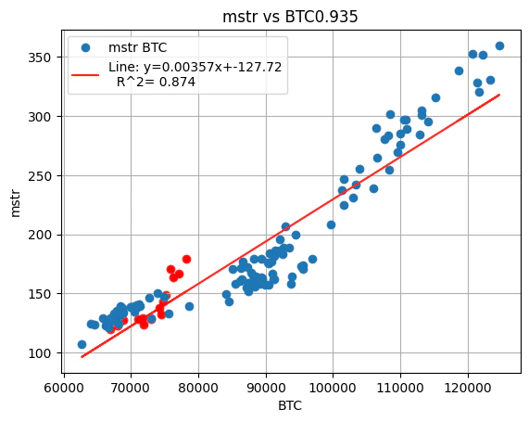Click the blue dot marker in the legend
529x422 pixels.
tap(85, 48)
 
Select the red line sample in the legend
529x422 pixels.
tap(85, 68)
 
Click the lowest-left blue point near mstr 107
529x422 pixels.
tap(82, 344)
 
